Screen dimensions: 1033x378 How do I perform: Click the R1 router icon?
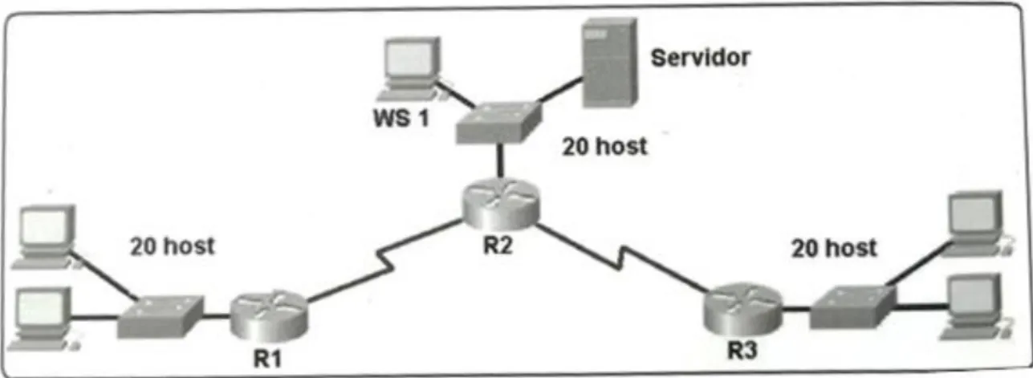(x=268, y=316)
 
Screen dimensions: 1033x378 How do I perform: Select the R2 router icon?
(x=500, y=205)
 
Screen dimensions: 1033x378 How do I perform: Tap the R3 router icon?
(x=743, y=309)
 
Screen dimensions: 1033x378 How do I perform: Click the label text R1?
(x=268, y=359)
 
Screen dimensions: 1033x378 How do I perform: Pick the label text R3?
(x=742, y=351)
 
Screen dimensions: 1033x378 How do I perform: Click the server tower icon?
(x=610, y=63)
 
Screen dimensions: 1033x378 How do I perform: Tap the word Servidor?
(x=701, y=58)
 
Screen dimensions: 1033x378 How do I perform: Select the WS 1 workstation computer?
(x=410, y=68)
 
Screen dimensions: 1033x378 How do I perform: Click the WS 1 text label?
(x=401, y=119)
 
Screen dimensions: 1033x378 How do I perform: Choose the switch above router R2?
(x=499, y=123)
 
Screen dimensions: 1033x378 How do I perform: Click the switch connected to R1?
(x=161, y=316)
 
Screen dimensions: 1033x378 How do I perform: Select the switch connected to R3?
(x=853, y=307)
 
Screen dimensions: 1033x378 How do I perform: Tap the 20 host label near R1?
(x=173, y=246)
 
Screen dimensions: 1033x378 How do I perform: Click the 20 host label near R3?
(x=834, y=249)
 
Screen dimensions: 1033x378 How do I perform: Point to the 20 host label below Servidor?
(x=604, y=147)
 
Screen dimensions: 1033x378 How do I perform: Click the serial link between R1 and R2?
(x=384, y=262)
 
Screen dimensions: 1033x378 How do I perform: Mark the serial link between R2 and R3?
(x=621, y=258)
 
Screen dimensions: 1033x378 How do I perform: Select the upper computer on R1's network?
(x=45, y=238)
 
